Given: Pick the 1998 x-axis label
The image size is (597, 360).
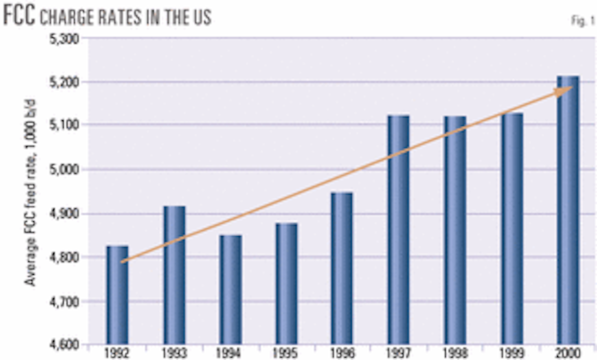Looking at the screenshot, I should click(x=455, y=353).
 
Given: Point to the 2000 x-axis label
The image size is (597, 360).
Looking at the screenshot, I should click(x=568, y=353).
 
